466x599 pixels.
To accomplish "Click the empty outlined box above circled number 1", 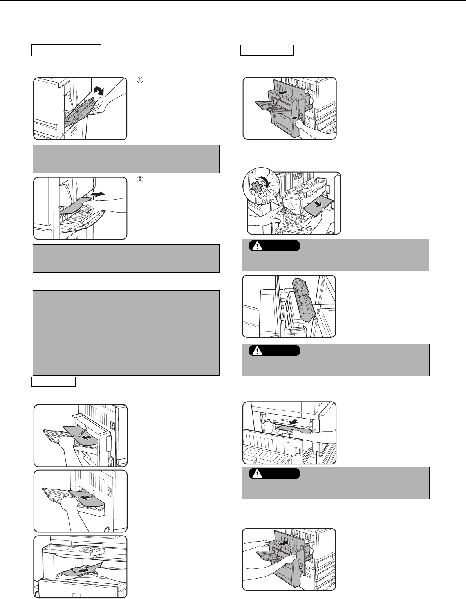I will point(66,51).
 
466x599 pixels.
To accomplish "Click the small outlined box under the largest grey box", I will point(53,381).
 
